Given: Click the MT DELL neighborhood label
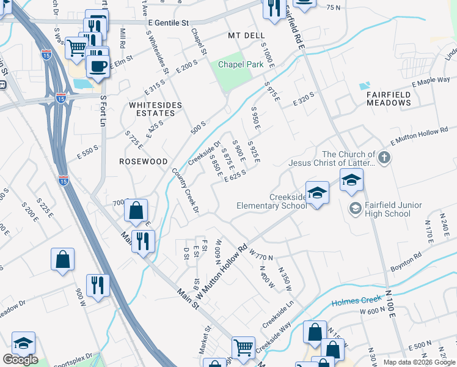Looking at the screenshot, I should (246, 36).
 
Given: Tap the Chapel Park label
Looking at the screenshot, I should (233, 64).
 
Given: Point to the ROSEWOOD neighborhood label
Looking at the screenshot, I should (144, 161).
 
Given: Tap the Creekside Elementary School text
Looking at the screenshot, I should (272, 201).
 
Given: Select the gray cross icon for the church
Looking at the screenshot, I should (384, 158).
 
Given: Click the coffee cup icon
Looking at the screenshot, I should (98, 65).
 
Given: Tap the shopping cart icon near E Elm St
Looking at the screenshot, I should (76, 47).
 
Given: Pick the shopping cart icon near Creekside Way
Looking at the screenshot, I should (244, 347).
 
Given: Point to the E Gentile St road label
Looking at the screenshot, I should (169, 23).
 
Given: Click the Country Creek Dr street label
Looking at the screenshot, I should (185, 190).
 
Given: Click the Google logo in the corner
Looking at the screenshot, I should (20, 360).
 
